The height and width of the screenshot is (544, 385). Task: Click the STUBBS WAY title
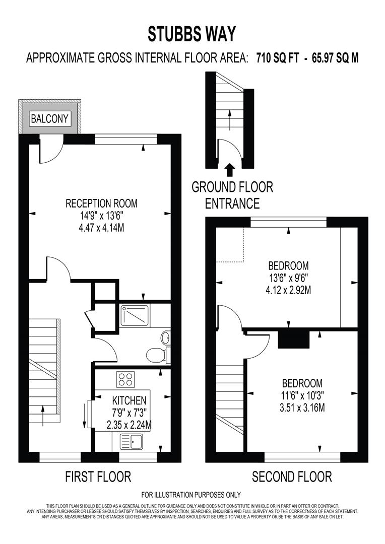tap(191, 34)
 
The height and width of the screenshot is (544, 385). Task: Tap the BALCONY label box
tap(50, 119)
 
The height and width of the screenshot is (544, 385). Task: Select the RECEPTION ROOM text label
tap(101, 203)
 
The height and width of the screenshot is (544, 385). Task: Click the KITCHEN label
tap(130, 401)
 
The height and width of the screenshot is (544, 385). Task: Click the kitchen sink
tap(131, 442)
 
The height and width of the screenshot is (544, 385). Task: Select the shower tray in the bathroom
tap(134, 314)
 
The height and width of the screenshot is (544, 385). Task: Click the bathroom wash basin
tap(166, 337)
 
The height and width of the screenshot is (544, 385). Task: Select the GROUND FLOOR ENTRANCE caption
tap(232, 195)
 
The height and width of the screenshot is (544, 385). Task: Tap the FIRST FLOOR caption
tap(98, 476)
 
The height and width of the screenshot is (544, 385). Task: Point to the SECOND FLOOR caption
tap(292, 476)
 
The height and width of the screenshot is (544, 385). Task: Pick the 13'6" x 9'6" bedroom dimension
tap(288, 278)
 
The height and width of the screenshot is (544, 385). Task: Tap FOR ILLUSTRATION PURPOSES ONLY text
tap(191, 495)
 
